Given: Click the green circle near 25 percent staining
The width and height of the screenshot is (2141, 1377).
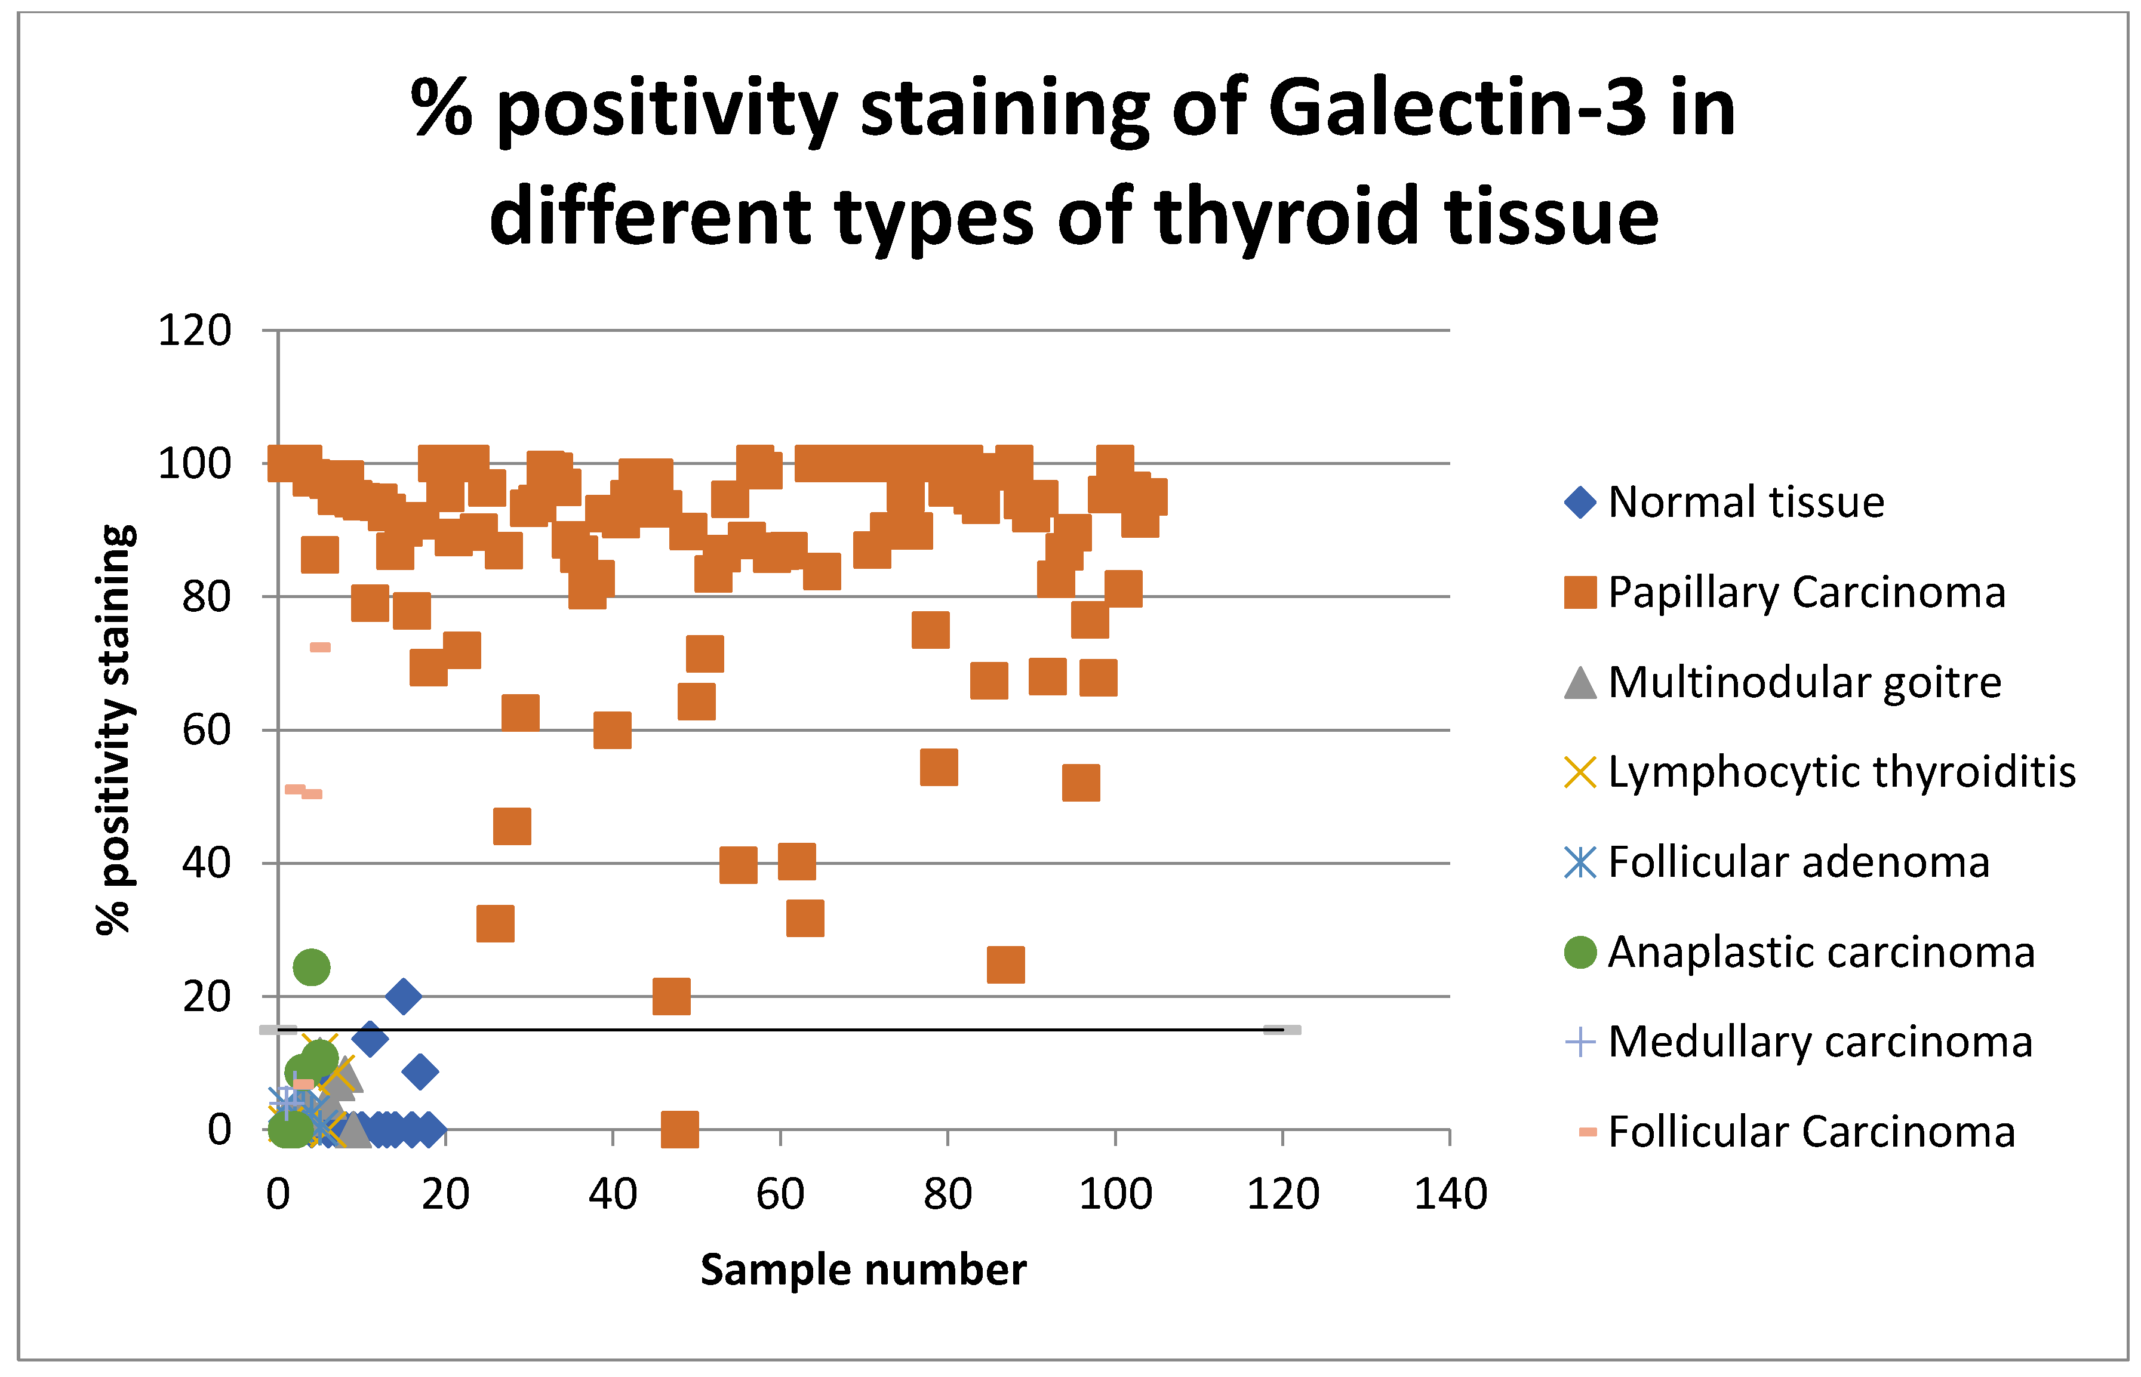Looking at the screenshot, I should pyautogui.click(x=311, y=968).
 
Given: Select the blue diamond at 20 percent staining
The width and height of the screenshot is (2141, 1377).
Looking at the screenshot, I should pyautogui.click(x=404, y=996).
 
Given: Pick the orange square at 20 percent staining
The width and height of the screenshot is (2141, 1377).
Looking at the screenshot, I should pyautogui.click(x=672, y=996).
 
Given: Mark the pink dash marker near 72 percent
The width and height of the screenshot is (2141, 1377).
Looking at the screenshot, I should pyautogui.click(x=320, y=648).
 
